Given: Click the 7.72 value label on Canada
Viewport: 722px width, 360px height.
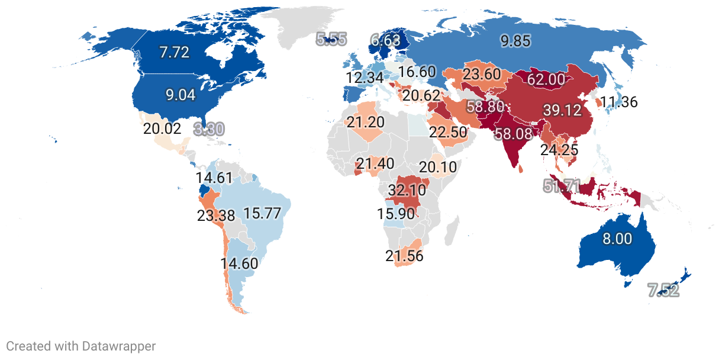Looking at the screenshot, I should pyautogui.click(x=174, y=52).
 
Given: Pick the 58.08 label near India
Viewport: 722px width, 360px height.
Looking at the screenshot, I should pyautogui.click(x=514, y=134).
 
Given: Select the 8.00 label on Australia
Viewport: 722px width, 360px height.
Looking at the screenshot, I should pyautogui.click(x=617, y=239).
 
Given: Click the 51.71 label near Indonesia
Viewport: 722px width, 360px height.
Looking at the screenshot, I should pyautogui.click(x=562, y=186).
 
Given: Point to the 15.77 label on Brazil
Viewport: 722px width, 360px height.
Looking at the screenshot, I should pyautogui.click(x=262, y=214).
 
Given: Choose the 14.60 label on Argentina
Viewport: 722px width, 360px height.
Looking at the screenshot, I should pyautogui.click(x=239, y=263).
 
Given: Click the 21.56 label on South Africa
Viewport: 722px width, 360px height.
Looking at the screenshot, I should pyautogui.click(x=404, y=256).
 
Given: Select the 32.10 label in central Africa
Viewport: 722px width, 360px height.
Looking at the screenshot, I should pyautogui.click(x=407, y=191).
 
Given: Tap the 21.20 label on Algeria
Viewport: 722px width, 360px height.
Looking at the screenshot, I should pyautogui.click(x=365, y=123).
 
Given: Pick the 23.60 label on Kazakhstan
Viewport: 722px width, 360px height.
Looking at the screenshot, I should pyautogui.click(x=482, y=75).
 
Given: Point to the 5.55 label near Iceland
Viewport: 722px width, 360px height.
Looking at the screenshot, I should pyautogui.click(x=331, y=40).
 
